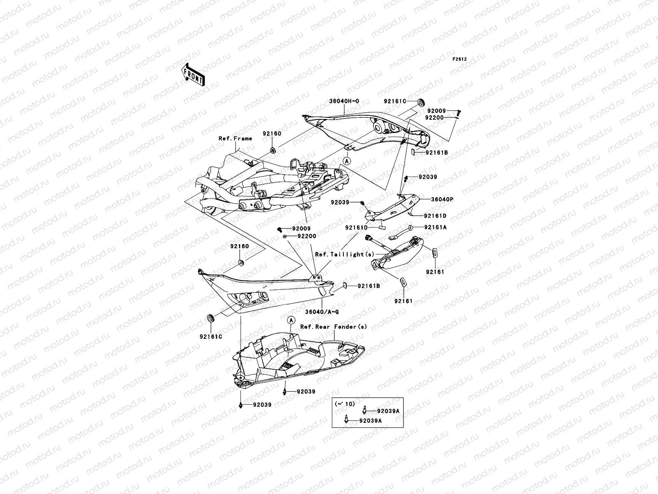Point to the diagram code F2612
tap(460, 59)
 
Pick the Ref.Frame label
tap(235, 139)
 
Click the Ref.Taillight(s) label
tap(345, 254)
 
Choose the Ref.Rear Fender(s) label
tap(333, 326)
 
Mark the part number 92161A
tap(435, 227)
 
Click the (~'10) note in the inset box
tap(345, 404)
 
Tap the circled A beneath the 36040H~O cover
tap(347, 161)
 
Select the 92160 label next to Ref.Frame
tap(272, 133)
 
